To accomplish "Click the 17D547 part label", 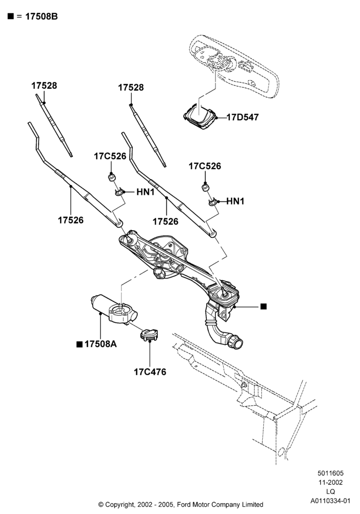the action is pos(243,117).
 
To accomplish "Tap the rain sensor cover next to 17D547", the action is pos(200,116).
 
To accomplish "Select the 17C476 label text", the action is pos(150,372).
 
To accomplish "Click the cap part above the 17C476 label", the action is pos(149,335).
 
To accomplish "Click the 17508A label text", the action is pos(101,344).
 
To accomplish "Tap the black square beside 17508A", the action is pos(79,344).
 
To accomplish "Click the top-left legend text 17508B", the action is pos(41,16).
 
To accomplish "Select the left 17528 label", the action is pos(44,85).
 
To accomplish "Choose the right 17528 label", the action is pos(131,87).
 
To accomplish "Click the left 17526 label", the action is pos(71,220).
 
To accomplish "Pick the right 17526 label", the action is pos(166,222).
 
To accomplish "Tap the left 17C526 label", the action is pos(110,156).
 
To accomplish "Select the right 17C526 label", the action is pos(205,166).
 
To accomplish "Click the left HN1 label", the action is pos(145,192).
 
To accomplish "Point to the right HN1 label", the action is pos(236,201).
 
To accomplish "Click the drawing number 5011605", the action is pos(331,473).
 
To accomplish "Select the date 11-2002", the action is pos(331,482).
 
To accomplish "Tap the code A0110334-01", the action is pos(331,501).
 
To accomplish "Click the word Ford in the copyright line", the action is pos(183,505).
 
